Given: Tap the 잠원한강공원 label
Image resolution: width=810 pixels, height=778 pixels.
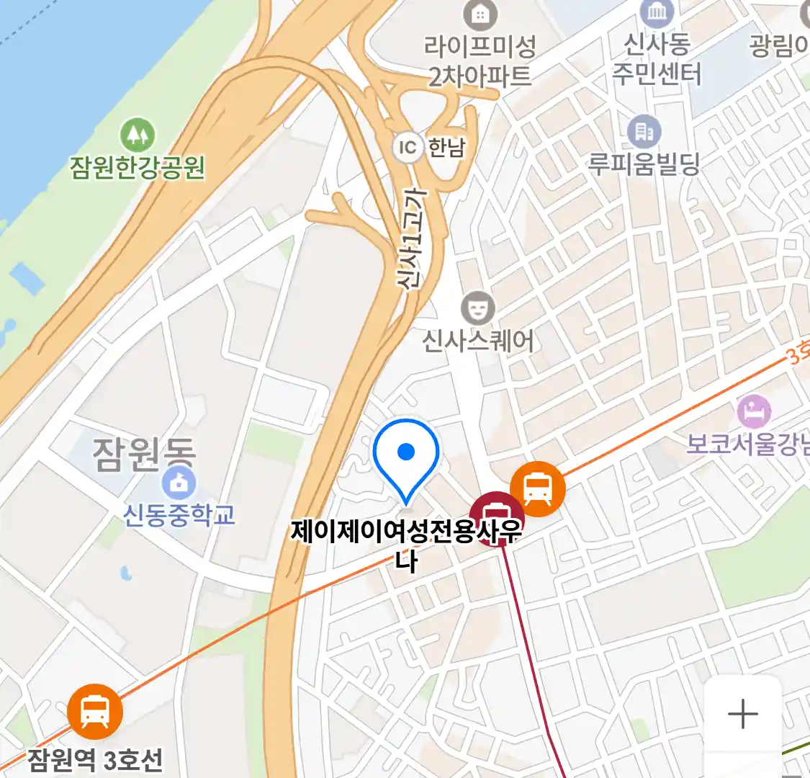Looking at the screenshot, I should [x=138, y=167].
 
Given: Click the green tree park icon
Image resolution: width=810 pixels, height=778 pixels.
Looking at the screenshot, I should [x=138, y=135].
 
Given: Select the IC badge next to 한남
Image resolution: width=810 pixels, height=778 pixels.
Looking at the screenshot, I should [x=408, y=148].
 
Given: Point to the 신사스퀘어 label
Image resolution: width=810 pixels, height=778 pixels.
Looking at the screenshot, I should [x=478, y=340].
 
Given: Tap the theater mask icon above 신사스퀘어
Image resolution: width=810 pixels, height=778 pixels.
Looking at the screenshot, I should [x=477, y=309].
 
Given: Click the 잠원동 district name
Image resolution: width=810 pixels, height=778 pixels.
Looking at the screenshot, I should [x=144, y=454].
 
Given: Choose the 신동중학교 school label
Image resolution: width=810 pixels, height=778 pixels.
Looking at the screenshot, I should [x=179, y=514].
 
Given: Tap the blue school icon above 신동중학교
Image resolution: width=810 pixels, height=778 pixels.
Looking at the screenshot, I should [x=179, y=483].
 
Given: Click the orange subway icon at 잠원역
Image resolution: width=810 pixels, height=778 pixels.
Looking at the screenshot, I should [x=95, y=711].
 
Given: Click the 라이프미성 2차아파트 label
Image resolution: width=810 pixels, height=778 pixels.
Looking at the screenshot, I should [x=480, y=61].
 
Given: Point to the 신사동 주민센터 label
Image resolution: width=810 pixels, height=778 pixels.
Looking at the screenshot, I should [x=656, y=59].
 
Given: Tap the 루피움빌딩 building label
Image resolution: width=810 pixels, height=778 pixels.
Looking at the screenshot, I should [x=644, y=164].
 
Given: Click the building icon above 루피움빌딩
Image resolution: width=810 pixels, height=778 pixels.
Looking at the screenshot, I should [x=644, y=132].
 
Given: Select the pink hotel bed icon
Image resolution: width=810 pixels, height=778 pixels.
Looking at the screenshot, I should [x=754, y=412].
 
